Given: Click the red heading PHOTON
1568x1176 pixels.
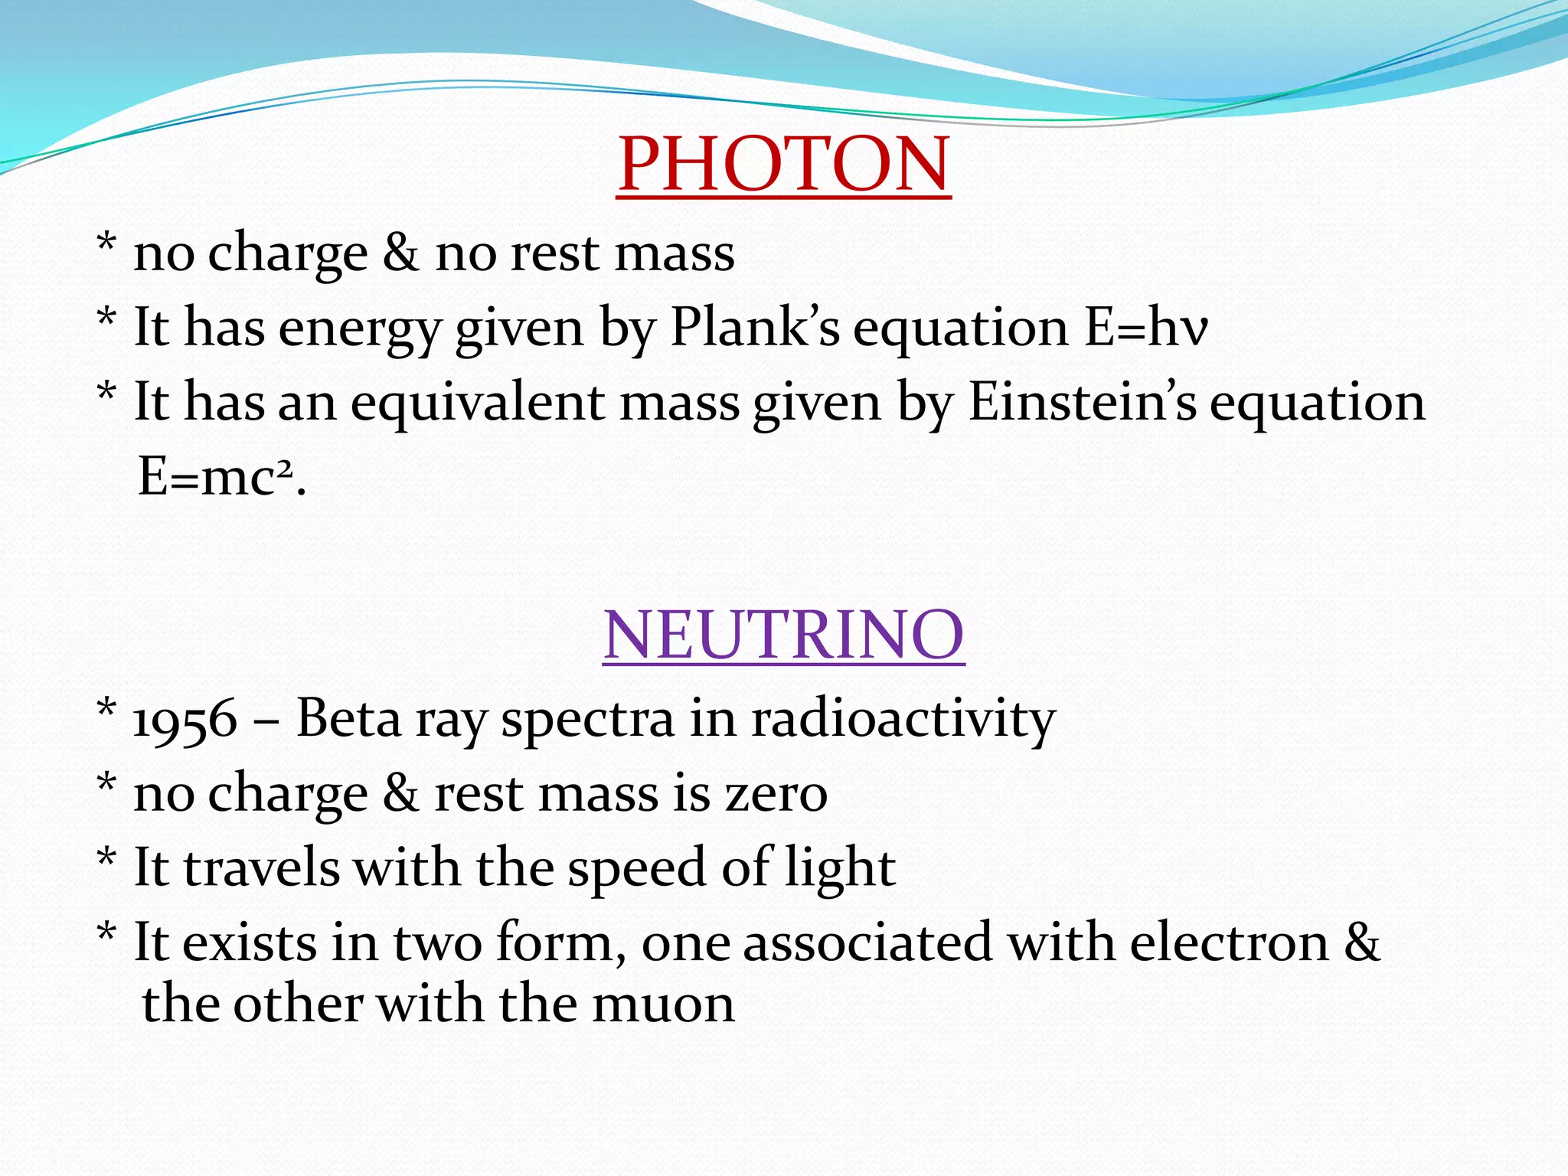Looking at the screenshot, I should point(783,164).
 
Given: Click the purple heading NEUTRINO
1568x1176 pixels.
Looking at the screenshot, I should point(783,635).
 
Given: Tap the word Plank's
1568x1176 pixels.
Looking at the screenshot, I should point(754,328).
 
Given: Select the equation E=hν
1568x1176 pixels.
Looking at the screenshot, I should point(1146,328).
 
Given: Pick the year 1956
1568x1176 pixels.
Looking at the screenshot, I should point(185,720).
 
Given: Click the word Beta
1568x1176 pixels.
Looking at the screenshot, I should point(348,719).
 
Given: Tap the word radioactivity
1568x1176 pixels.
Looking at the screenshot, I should point(903,719).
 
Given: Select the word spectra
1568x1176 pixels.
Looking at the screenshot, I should point(587,720).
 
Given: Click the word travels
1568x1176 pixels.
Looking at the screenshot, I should point(262,868).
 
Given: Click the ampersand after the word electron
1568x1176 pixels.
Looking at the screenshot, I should point(1362,942).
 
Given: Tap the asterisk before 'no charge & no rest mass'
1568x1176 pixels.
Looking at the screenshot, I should point(106,245).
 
